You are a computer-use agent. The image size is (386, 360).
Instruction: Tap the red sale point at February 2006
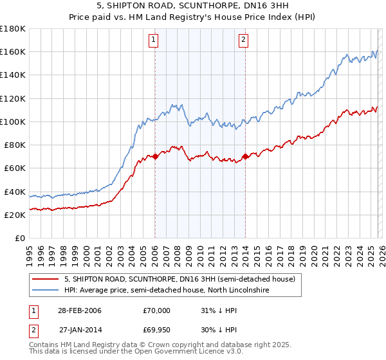pos(155,156)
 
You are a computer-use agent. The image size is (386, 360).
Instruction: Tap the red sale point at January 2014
pos(246,156)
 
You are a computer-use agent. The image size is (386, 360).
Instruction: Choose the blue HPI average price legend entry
pos(168,291)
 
